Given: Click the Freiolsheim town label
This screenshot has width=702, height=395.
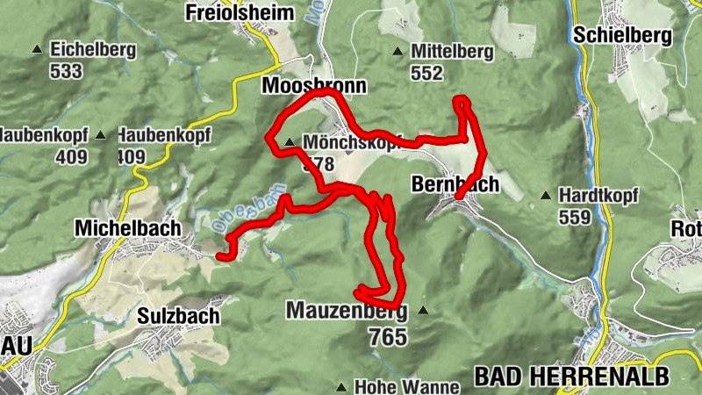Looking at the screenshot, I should click(231, 12).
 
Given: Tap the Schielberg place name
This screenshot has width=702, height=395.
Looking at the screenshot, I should click(622, 35).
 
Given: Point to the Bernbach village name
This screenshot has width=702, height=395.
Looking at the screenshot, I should click(455, 184).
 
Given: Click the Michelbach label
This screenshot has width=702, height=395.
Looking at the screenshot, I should click(128, 227).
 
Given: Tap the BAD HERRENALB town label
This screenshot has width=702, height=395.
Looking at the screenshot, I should click(571, 376).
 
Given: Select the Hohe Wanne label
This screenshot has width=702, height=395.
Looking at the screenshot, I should click(406, 386).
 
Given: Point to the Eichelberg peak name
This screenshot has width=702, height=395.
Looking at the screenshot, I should click(93, 50).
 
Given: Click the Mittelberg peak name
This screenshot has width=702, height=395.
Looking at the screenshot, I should click(452, 52).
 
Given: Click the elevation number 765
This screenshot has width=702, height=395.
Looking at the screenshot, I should click(388, 336).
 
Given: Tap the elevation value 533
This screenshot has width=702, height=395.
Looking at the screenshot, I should click(66, 71).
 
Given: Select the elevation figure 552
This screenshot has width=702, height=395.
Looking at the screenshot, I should click(427, 74).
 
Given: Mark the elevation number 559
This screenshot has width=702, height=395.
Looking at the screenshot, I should click(574, 217).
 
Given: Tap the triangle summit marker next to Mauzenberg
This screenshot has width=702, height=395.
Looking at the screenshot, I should click(423, 310).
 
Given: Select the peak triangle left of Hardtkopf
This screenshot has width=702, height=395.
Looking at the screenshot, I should click(546, 195).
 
